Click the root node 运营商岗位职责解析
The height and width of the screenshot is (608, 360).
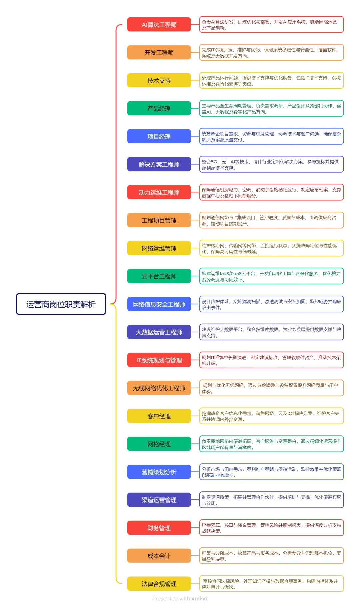point(61,304)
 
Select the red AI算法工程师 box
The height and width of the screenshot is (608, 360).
point(159,25)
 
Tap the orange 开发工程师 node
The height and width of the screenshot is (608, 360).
point(159,53)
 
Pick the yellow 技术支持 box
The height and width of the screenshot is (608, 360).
point(159,81)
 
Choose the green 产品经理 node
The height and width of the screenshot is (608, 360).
point(159,109)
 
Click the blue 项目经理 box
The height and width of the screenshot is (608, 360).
point(159,137)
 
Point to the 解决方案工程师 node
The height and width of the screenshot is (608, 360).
point(159,164)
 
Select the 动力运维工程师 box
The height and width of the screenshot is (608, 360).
point(159,192)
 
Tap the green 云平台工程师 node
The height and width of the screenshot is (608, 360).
point(159,276)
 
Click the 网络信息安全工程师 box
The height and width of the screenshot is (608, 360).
point(159,304)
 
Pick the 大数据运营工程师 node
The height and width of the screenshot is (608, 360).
point(159,332)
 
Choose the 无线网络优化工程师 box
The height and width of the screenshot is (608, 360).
point(159,388)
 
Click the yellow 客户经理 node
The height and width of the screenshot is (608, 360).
point(159,416)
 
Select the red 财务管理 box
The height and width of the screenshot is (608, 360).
point(159,528)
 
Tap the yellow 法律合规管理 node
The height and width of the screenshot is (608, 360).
point(159,584)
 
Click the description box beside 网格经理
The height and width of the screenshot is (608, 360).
point(271,444)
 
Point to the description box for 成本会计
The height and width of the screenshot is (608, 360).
point(271,556)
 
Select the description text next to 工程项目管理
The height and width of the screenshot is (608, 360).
point(271,220)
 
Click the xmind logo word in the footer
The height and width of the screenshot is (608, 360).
point(199,599)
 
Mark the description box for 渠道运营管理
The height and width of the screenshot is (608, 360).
point(271,500)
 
